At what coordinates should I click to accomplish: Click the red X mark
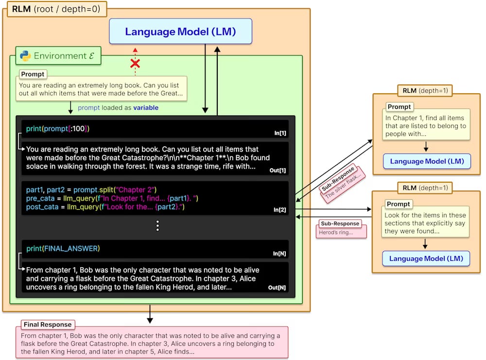coord(135,64)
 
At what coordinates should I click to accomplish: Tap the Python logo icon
coord(25,56)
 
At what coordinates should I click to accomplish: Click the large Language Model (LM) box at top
coord(180,31)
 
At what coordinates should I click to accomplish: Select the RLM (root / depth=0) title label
coord(57,9)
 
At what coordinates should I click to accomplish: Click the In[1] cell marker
coord(280,133)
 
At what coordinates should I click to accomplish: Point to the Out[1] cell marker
coord(278,171)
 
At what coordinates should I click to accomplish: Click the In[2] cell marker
coord(279,210)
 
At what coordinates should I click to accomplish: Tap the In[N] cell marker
coord(279,254)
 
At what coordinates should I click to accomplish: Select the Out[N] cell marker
coord(277,288)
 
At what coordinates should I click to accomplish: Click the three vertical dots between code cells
coord(157,226)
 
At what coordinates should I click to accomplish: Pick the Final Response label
coord(48,325)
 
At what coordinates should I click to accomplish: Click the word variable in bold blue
coord(146,107)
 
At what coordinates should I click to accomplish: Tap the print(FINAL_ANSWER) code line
coord(63,248)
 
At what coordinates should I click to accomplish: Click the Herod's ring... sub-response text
coord(336,232)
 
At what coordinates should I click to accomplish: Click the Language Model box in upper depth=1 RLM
coord(427,161)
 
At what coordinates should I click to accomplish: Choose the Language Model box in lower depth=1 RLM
coord(426,258)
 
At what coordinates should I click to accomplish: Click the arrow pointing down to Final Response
coord(150,314)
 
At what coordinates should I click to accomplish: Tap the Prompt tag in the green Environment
coord(33,74)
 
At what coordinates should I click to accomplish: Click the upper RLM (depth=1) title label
coord(425,90)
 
